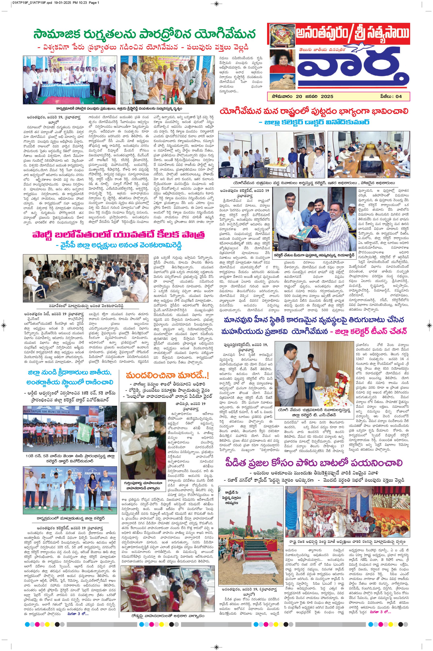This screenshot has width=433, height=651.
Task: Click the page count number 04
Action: click(x=398, y=96)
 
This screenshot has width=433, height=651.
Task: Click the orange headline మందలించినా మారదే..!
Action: click(x=167, y=375)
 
